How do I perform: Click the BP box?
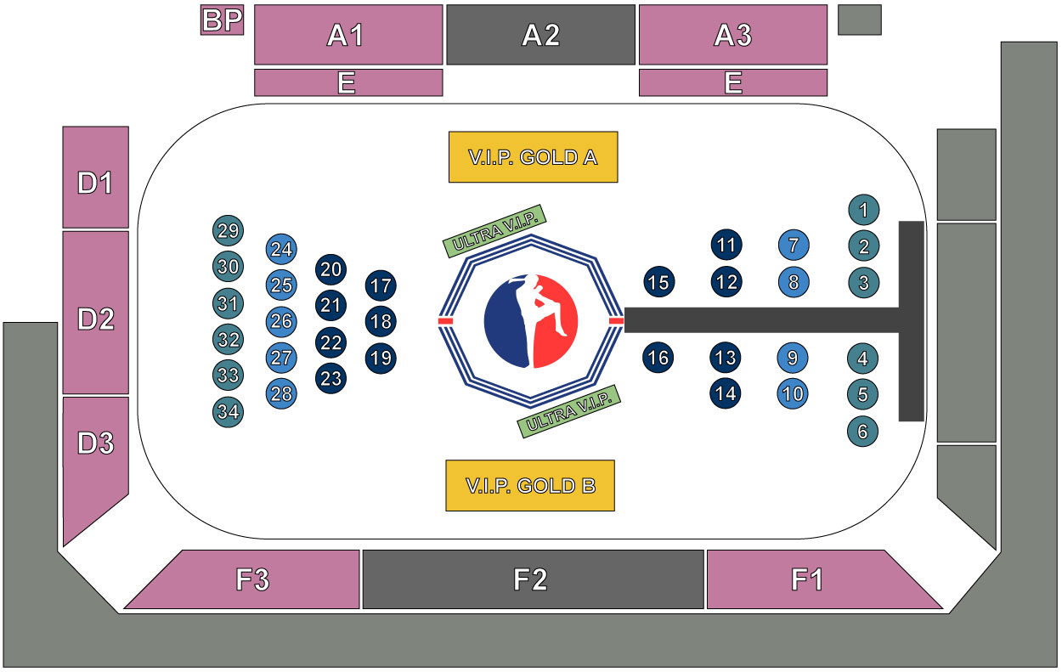pyautogui.click(x=222, y=20)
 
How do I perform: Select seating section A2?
pyautogui.click(x=540, y=35)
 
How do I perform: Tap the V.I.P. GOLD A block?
pyautogui.click(x=533, y=157)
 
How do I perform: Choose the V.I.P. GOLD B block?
pyautogui.click(x=530, y=485)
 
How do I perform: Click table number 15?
pyautogui.click(x=658, y=282)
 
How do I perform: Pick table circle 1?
pyautogui.click(x=863, y=209)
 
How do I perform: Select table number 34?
pyautogui.click(x=228, y=412)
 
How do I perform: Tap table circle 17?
pyautogui.click(x=381, y=285)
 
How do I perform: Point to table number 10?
pyautogui.click(x=793, y=394)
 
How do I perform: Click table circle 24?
pyautogui.click(x=282, y=249)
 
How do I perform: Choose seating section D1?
pyautogui.click(x=95, y=178)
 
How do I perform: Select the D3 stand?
pyautogui.click(x=95, y=450)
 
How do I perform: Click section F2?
pyautogui.click(x=533, y=579)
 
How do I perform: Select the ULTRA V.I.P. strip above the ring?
pyautogui.click(x=494, y=230)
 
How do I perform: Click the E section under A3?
pyautogui.click(x=732, y=82)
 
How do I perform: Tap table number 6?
pyautogui.click(x=862, y=432)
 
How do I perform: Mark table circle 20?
pyautogui.click(x=331, y=270)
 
